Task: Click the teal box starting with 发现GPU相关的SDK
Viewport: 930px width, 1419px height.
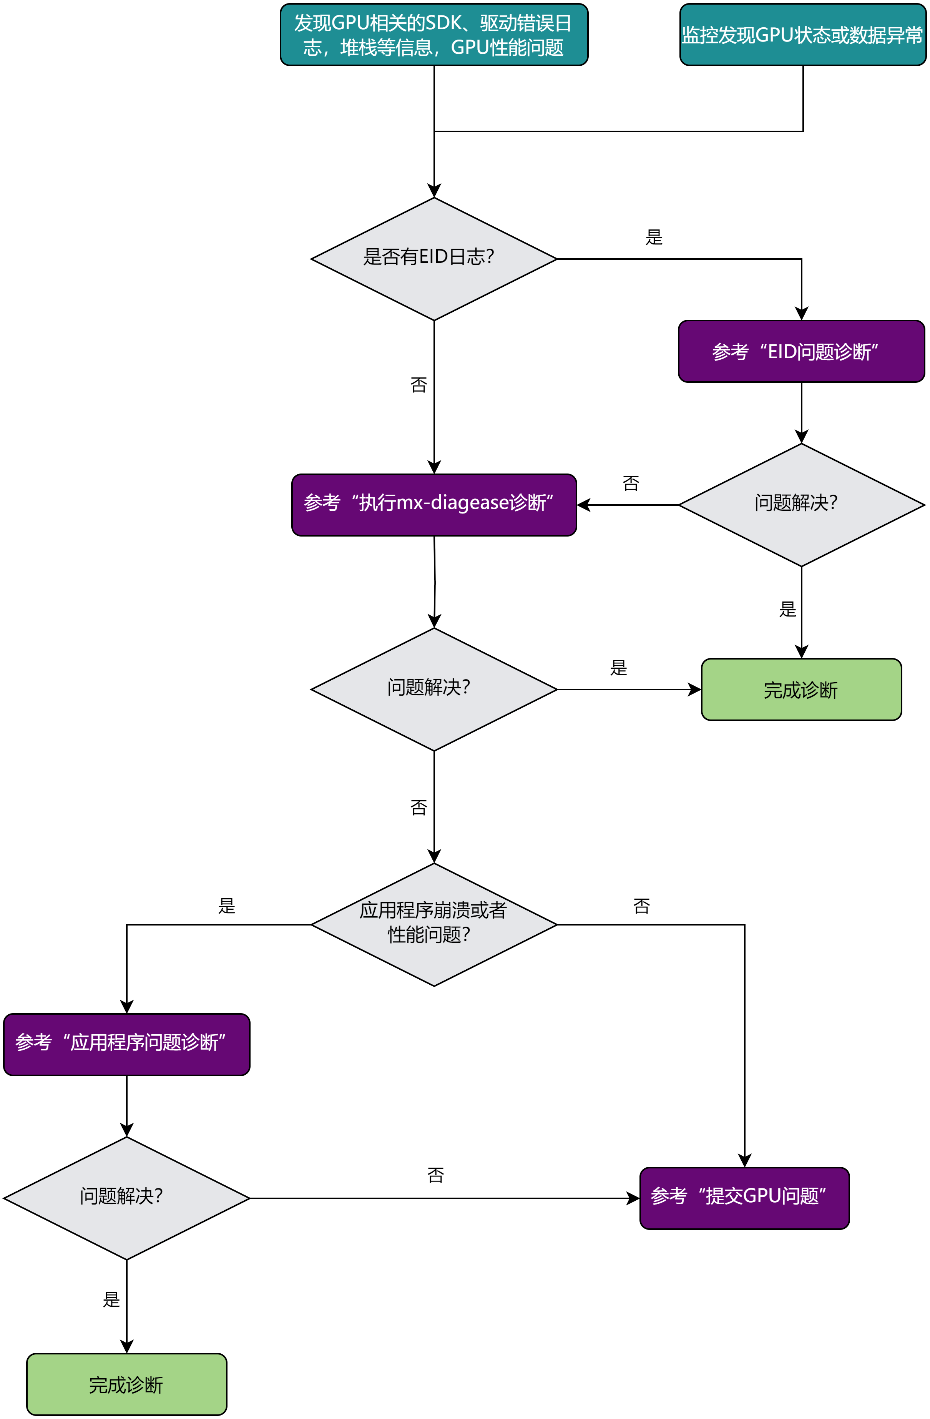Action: [x=434, y=35]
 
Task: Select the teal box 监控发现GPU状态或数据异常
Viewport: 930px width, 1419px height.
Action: [x=802, y=35]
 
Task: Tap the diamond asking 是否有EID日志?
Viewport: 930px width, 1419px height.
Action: [x=434, y=259]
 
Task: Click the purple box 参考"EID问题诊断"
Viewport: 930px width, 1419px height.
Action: [x=801, y=351]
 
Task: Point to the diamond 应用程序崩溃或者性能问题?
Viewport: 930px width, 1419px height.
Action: [x=434, y=924]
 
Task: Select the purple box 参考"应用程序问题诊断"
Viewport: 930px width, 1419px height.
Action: [x=126, y=1044]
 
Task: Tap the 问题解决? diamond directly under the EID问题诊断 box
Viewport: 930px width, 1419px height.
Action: [x=801, y=504]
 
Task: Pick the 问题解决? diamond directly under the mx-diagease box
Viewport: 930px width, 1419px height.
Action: [x=434, y=689]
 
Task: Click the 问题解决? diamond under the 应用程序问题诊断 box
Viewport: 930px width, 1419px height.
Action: [x=126, y=1198]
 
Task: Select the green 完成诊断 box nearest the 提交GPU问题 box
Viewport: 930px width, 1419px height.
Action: [x=801, y=689]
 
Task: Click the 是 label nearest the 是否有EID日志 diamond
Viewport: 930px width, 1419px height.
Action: [x=654, y=237]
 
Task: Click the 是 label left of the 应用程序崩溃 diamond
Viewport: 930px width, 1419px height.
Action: [x=226, y=906]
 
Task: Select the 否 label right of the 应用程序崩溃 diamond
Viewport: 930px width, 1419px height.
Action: [x=641, y=906]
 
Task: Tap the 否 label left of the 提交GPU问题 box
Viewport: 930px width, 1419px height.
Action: [x=436, y=1175]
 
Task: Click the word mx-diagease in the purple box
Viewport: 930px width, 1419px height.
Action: [x=453, y=503]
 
